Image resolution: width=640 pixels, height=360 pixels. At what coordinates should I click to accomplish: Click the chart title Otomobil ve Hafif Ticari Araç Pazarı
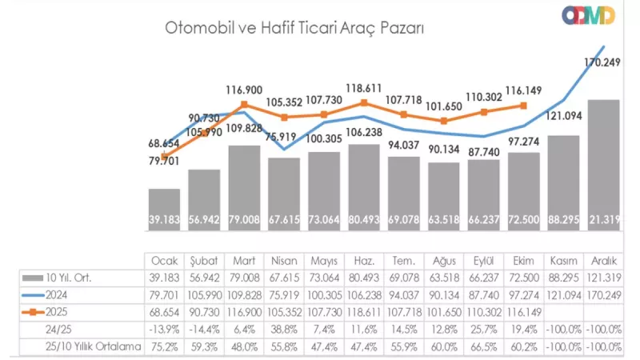click(294, 27)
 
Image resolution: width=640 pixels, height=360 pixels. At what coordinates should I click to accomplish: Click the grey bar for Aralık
click(604, 164)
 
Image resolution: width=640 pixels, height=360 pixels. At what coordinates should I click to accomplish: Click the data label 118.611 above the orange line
click(364, 88)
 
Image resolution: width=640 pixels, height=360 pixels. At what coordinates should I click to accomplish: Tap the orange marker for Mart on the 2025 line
click(244, 105)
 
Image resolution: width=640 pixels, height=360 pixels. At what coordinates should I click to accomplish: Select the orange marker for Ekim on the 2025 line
click(524, 105)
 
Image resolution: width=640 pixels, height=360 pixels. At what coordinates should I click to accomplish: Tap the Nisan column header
click(284, 262)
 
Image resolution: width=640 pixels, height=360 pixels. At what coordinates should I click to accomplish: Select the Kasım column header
click(564, 262)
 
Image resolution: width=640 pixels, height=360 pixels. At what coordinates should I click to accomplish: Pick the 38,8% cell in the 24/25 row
click(284, 328)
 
